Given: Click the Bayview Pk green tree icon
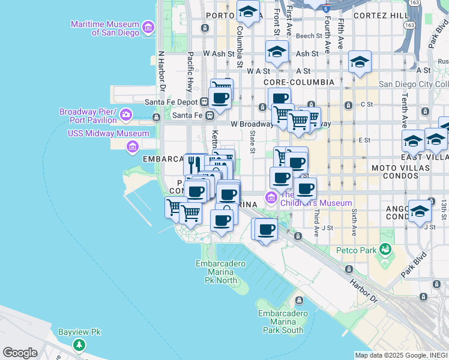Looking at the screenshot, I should [79, 345].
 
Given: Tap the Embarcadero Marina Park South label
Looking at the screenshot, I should [284, 322].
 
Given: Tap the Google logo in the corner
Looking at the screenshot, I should [20, 353].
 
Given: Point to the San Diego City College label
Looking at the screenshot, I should [414, 84].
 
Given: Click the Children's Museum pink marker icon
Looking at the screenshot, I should [271, 197].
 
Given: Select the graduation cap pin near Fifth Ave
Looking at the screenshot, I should [360, 62].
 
